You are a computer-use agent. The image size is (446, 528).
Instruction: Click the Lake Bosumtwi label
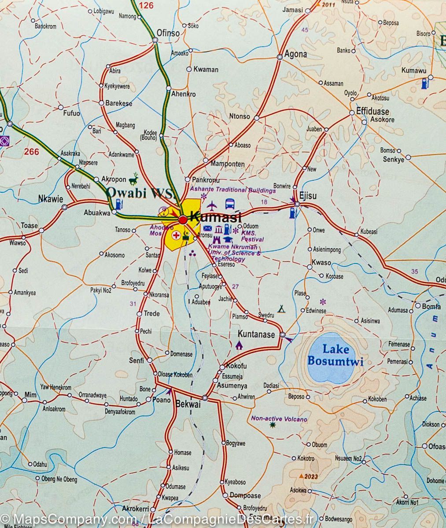click(335, 356)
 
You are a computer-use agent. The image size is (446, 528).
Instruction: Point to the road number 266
click(32, 152)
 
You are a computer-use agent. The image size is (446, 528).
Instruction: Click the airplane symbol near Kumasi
click(212, 205)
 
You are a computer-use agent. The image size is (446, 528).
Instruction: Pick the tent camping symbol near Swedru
click(280, 309)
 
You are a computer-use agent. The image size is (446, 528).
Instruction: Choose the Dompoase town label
click(245, 495)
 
